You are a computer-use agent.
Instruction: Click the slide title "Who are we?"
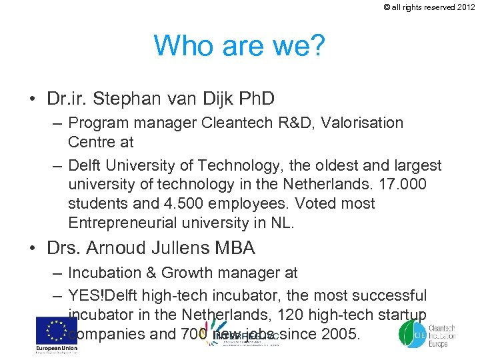[239, 45]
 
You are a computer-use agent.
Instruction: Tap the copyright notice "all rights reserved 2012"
[433, 7]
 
